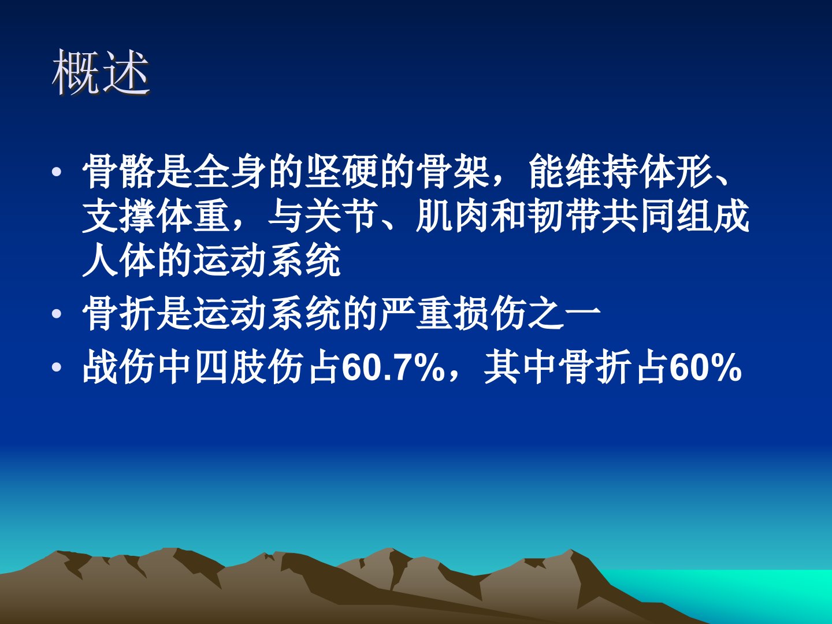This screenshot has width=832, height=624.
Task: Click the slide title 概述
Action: (101, 72)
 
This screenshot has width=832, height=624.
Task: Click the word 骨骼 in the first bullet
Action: (120, 172)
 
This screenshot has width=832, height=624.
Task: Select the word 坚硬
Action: (343, 172)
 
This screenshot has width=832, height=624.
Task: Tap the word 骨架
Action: (454, 172)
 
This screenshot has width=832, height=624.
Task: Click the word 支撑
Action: (120, 216)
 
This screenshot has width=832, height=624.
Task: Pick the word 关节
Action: (343, 216)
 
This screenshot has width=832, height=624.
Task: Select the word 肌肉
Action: (454, 216)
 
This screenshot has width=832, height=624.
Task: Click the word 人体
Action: (120, 261)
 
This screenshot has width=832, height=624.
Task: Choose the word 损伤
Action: (491, 314)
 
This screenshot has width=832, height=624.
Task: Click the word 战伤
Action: (120, 367)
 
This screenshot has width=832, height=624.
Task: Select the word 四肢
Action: (231, 367)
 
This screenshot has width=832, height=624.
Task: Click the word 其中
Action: (521, 367)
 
